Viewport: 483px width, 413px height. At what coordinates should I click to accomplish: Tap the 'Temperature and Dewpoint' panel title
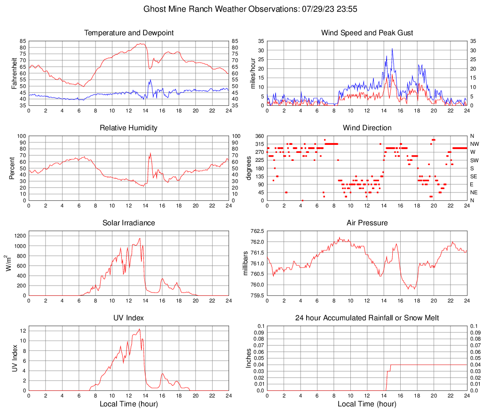pyautogui.click(x=128, y=33)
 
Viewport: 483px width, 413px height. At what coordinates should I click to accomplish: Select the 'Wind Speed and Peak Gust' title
pyautogui.click(x=367, y=33)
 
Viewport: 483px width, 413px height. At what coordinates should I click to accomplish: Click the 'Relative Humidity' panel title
pyautogui.click(x=128, y=128)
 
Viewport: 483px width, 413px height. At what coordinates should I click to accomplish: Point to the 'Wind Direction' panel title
pyautogui.click(x=367, y=128)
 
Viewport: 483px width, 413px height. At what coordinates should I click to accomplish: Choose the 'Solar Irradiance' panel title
pyautogui.click(x=128, y=223)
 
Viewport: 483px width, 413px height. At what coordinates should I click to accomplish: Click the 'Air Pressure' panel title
pyautogui.click(x=367, y=223)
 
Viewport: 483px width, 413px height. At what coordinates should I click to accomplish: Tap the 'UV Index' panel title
pyautogui.click(x=128, y=318)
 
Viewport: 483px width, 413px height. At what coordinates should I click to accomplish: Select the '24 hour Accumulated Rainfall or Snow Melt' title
pyautogui.click(x=367, y=318)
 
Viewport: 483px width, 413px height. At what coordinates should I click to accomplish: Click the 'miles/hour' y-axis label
pyautogui.click(x=253, y=73)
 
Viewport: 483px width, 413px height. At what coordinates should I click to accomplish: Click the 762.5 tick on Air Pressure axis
pyautogui.click(x=256, y=231)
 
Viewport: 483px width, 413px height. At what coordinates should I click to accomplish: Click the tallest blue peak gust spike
pyautogui.click(x=392, y=49)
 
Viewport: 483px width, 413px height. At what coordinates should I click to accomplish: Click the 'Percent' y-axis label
pyautogui.click(x=12, y=168)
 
